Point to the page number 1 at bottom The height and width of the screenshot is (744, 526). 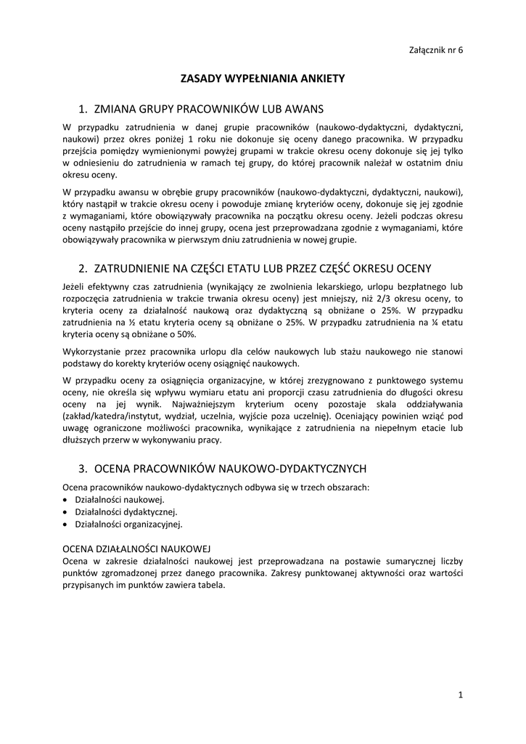click(461, 695)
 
